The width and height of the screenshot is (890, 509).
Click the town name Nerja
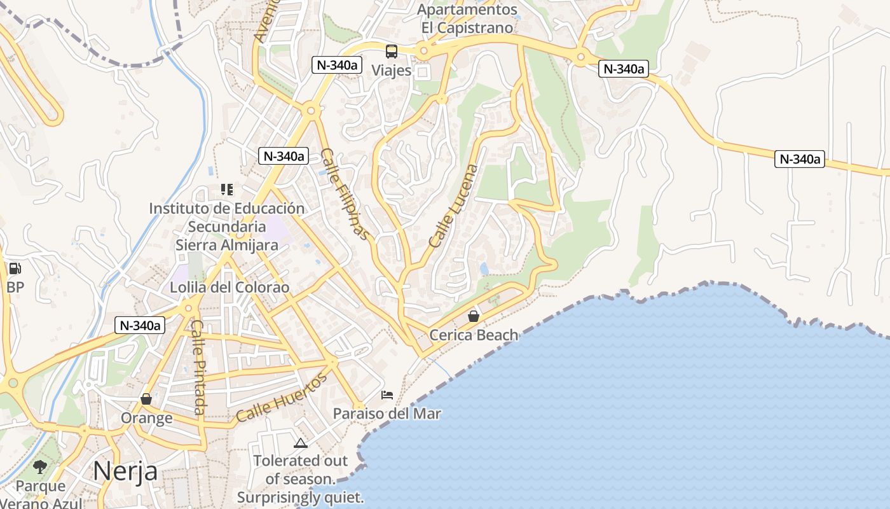click(125, 471)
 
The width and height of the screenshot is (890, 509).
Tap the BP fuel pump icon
click(15, 269)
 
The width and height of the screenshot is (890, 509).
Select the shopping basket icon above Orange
click(146, 399)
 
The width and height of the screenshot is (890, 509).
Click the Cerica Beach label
click(474, 335)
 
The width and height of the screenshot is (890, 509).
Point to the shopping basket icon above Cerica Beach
click(474, 316)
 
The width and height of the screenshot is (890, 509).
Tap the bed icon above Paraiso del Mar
click(387, 395)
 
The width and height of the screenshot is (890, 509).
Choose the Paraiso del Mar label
click(387, 414)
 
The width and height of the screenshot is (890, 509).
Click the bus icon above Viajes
click(392, 52)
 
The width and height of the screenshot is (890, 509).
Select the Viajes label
click(392, 70)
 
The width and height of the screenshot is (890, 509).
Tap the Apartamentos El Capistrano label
click(467, 19)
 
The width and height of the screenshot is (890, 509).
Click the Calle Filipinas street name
click(345, 194)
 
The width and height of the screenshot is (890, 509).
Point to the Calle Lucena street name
click(453, 206)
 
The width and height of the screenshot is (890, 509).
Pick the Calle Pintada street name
click(199, 367)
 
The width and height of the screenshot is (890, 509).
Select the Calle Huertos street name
click(282, 398)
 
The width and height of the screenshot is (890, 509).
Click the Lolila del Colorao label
click(229, 288)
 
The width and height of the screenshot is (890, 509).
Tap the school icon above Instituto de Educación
click(227, 189)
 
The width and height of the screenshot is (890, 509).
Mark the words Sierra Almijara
click(227, 245)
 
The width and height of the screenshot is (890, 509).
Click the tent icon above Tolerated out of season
click(301, 443)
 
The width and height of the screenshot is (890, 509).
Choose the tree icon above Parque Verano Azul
click(41, 468)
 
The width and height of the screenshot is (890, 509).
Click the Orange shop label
click(146, 418)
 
